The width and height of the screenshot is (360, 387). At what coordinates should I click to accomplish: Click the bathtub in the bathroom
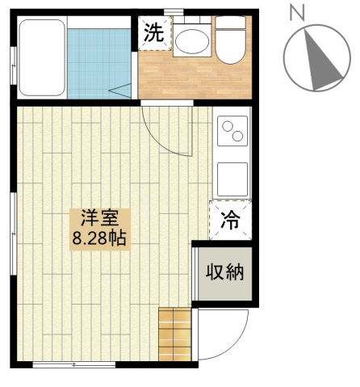(x=42, y=57)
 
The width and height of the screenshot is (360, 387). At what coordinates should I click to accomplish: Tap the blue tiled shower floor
(x=98, y=64)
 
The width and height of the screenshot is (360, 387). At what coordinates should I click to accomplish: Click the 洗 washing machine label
(x=154, y=33)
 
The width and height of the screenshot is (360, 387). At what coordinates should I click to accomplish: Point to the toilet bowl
(x=230, y=47)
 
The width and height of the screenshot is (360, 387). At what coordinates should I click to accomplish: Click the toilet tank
(x=230, y=23)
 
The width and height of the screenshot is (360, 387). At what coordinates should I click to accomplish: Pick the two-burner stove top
(x=232, y=131)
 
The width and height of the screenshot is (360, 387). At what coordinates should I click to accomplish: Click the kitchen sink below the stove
(x=232, y=179)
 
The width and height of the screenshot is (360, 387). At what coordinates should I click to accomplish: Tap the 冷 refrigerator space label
(x=230, y=220)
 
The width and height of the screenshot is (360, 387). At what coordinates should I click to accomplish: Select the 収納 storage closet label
(x=225, y=272)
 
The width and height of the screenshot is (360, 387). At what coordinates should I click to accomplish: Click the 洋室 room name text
(x=100, y=217)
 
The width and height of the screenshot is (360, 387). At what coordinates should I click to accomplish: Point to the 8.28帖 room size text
(x=99, y=238)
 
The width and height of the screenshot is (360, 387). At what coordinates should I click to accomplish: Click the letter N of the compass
(x=297, y=14)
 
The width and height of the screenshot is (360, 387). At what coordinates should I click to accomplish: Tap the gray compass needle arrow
(x=322, y=61)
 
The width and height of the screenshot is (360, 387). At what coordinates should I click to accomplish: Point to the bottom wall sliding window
(x=74, y=365)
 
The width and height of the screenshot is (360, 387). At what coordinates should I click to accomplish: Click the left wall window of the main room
(x=14, y=233)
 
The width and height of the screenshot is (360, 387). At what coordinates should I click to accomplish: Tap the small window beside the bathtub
(x=14, y=65)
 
